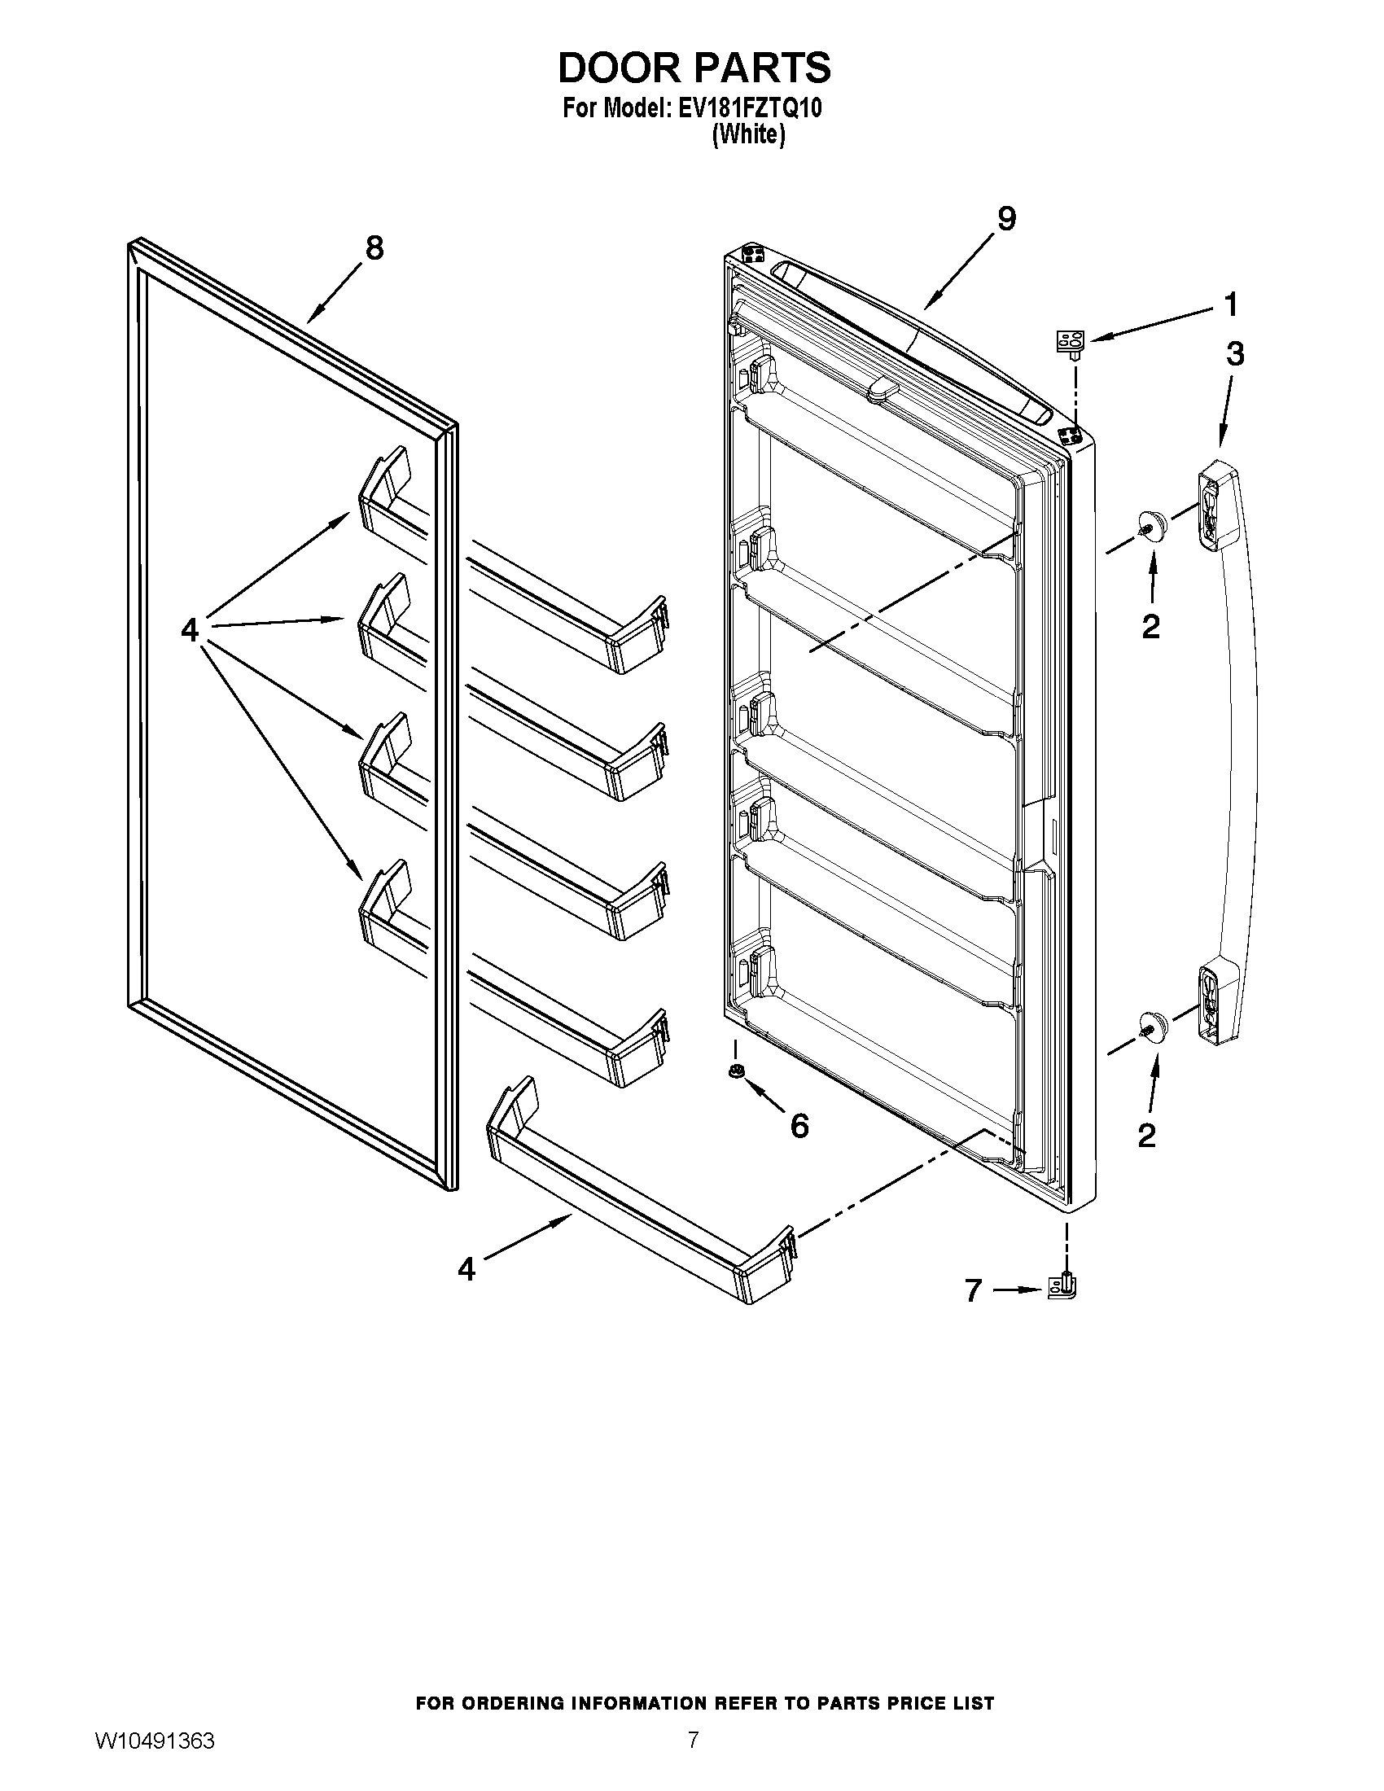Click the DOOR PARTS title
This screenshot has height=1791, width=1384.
point(694,68)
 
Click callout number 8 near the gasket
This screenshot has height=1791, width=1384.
point(374,247)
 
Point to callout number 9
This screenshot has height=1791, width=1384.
point(1006,218)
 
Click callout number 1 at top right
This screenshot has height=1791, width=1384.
point(1230,305)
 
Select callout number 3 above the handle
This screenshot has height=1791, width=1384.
point(1235,354)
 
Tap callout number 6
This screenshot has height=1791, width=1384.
point(799,1126)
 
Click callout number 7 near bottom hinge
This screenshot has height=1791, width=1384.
point(973,1291)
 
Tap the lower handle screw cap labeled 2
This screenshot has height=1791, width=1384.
point(1151,1026)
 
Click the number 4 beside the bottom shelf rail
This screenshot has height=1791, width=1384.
point(466,1269)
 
